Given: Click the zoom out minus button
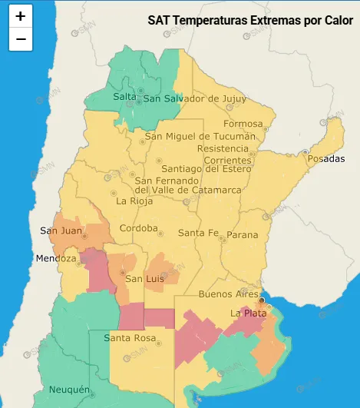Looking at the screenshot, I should pyautogui.click(x=20, y=39).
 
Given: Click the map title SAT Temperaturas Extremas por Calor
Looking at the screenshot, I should pyautogui.click(x=250, y=19).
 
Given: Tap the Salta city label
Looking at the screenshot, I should pyautogui.click(x=124, y=97).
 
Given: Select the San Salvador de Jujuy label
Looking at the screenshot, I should pyautogui.click(x=194, y=98).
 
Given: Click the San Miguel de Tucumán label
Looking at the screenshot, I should pyautogui.click(x=200, y=136).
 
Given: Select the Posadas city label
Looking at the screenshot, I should pyautogui.click(x=326, y=159).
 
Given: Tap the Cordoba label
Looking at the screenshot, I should pyautogui.click(x=139, y=229).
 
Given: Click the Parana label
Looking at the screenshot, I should pyautogui.click(x=243, y=234).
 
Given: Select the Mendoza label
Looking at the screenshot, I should pyautogui.click(x=56, y=259).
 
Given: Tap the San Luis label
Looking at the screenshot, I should pyautogui.click(x=144, y=278).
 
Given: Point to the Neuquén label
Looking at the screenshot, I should pyautogui.click(x=70, y=390).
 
